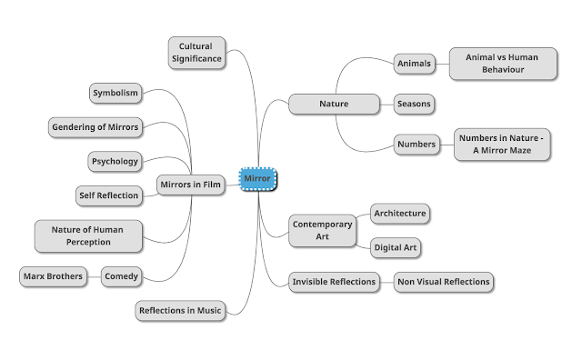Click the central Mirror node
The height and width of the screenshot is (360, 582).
pyautogui.click(x=259, y=179)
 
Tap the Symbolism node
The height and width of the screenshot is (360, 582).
pyautogui.click(x=115, y=93)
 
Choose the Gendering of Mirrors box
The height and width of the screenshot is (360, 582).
pyautogui.click(x=95, y=127)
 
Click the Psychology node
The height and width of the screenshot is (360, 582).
pyautogui.click(x=115, y=162)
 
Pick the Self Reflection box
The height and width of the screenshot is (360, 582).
pyautogui.click(x=109, y=195)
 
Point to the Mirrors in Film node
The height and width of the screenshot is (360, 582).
pyautogui.click(x=190, y=185)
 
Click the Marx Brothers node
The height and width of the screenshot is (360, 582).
pyautogui.click(x=52, y=275)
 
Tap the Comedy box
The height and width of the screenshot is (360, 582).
pyautogui.click(x=121, y=275)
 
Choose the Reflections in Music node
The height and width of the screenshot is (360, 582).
pyautogui.click(x=180, y=311)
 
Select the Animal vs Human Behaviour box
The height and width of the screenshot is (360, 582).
pyautogui.click(x=502, y=64)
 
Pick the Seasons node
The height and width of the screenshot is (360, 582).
pyautogui.click(x=414, y=104)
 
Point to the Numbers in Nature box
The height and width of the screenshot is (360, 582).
pyautogui.click(x=502, y=144)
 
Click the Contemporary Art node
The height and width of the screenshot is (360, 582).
pyautogui.click(x=321, y=230)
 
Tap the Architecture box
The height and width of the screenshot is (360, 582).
pyautogui.click(x=399, y=214)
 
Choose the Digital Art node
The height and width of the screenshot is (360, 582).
pyautogui.click(x=396, y=247)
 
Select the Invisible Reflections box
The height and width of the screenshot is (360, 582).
pyautogui.click(x=334, y=282)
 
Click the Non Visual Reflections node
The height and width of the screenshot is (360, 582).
pyautogui.click(x=444, y=282)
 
